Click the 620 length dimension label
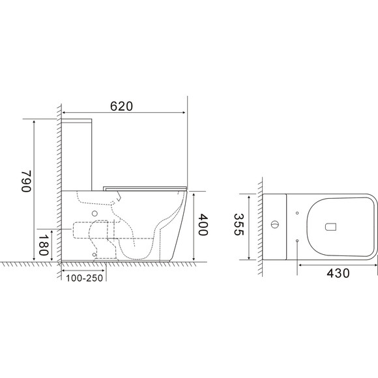pyautogui.click(x=123, y=108)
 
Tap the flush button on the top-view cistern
pyautogui.click(x=274, y=226)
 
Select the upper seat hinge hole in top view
pyautogui.click(x=297, y=212)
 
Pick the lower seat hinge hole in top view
pyautogui.click(x=297, y=240)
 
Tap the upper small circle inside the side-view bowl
pyautogui.click(x=95, y=214)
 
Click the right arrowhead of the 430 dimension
pyautogui.click(x=375, y=264)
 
